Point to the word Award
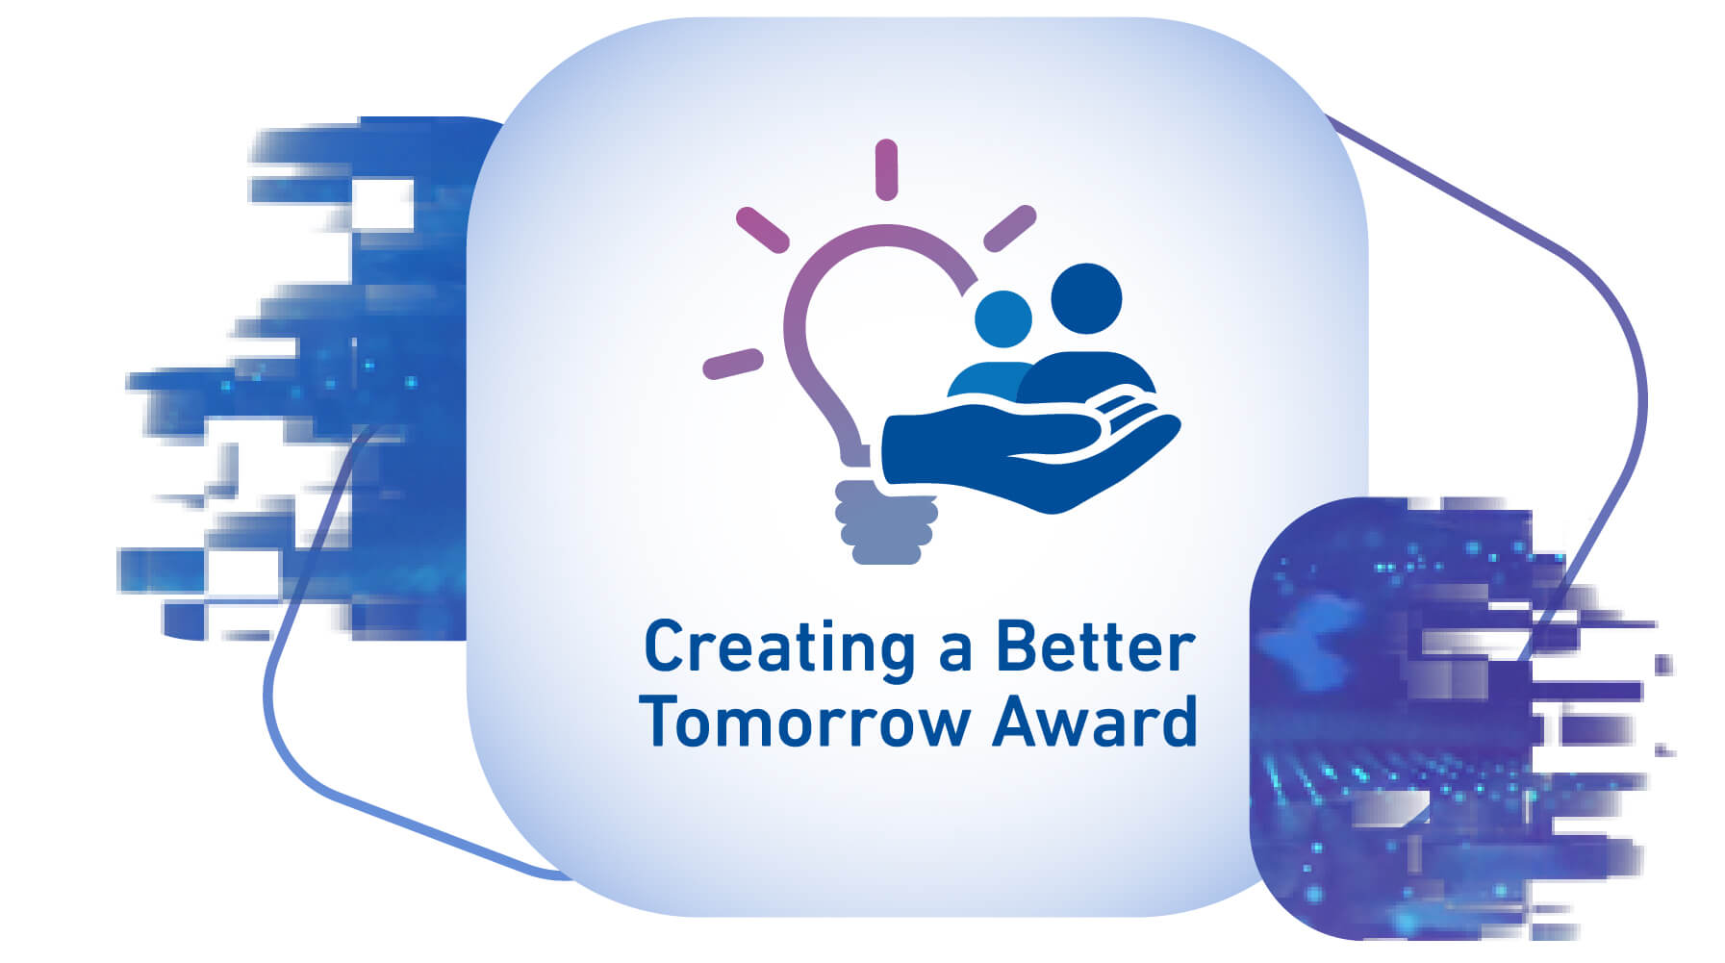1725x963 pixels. coord(1096,721)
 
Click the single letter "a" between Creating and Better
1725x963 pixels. coord(955,654)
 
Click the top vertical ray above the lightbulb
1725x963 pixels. coord(886,170)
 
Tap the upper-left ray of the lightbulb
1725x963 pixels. coord(763,229)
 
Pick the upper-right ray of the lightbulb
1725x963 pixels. coord(1009,229)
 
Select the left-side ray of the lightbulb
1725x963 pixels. coord(733,364)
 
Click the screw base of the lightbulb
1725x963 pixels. coord(885,521)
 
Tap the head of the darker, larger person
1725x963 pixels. coord(1086,298)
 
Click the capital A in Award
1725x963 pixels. coord(1017,721)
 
